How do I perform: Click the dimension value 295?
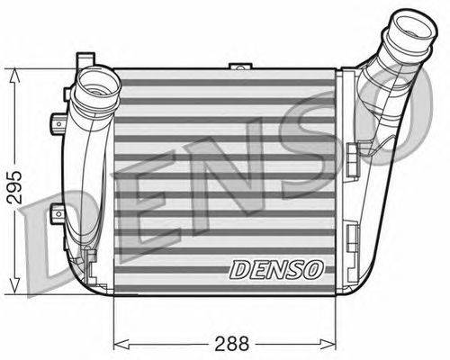pyautogui.click(x=14, y=187)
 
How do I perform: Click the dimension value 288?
pyautogui.click(x=232, y=344)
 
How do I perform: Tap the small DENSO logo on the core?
pyautogui.click(x=277, y=269)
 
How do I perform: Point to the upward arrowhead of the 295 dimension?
pyautogui.click(x=14, y=76)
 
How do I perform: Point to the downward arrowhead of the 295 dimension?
pyautogui.click(x=14, y=285)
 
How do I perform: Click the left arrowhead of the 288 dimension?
pyautogui.click(x=121, y=344)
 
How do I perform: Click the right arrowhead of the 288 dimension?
pyautogui.click(x=328, y=344)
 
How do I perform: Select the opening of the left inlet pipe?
pyautogui.click(x=96, y=83)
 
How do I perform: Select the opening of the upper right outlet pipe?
pyautogui.click(x=414, y=28)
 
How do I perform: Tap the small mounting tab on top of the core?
pyautogui.click(x=240, y=66)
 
